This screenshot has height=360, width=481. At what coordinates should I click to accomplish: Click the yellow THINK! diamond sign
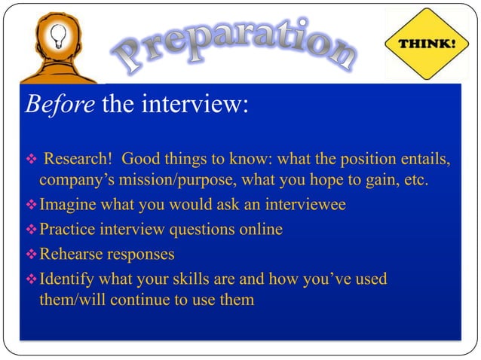tap(431, 44)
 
